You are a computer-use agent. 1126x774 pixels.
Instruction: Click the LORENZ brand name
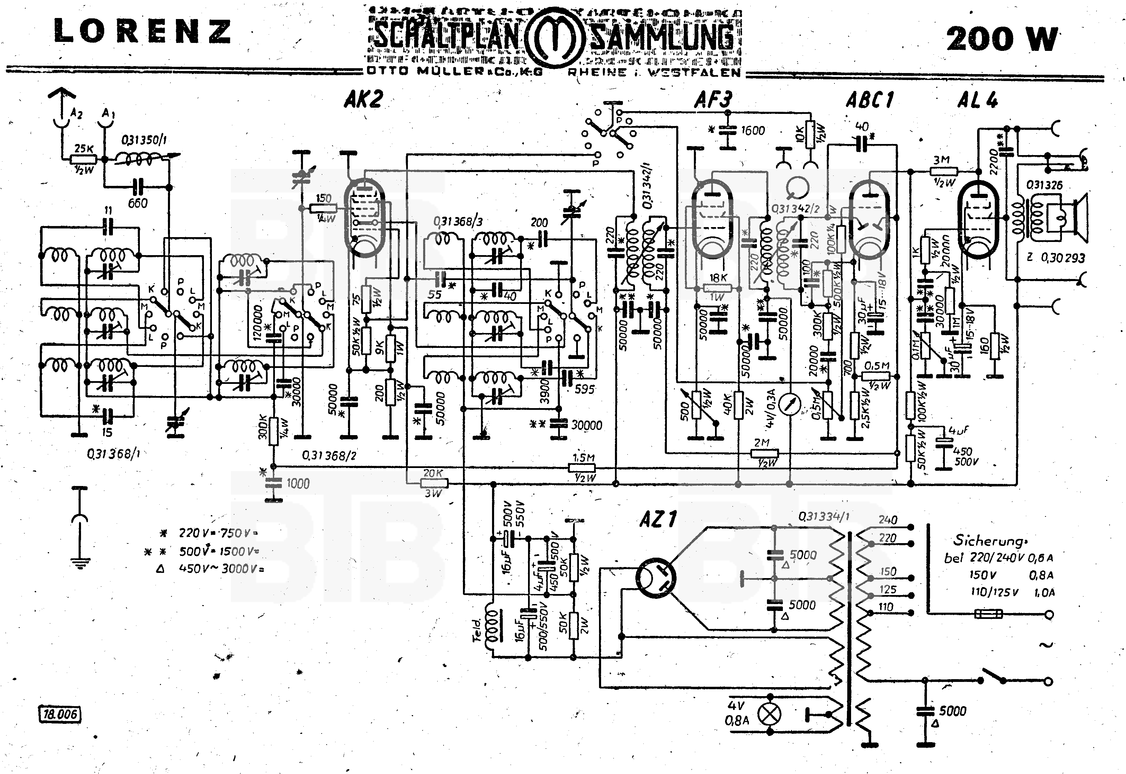(x=142, y=31)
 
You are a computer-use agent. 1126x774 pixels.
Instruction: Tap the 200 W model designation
(x=1001, y=39)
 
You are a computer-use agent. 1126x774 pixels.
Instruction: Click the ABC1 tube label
(x=870, y=100)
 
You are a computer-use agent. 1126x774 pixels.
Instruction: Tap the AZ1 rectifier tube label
(x=658, y=520)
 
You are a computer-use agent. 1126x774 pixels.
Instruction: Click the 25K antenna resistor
(x=83, y=159)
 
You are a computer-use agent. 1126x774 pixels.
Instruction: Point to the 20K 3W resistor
(x=433, y=483)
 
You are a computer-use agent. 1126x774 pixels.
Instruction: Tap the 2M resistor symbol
(x=765, y=453)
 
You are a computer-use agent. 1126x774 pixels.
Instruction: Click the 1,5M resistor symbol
(x=582, y=468)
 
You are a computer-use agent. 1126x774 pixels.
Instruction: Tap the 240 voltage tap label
(x=888, y=520)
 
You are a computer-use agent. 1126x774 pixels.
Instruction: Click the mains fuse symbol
(x=988, y=614)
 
